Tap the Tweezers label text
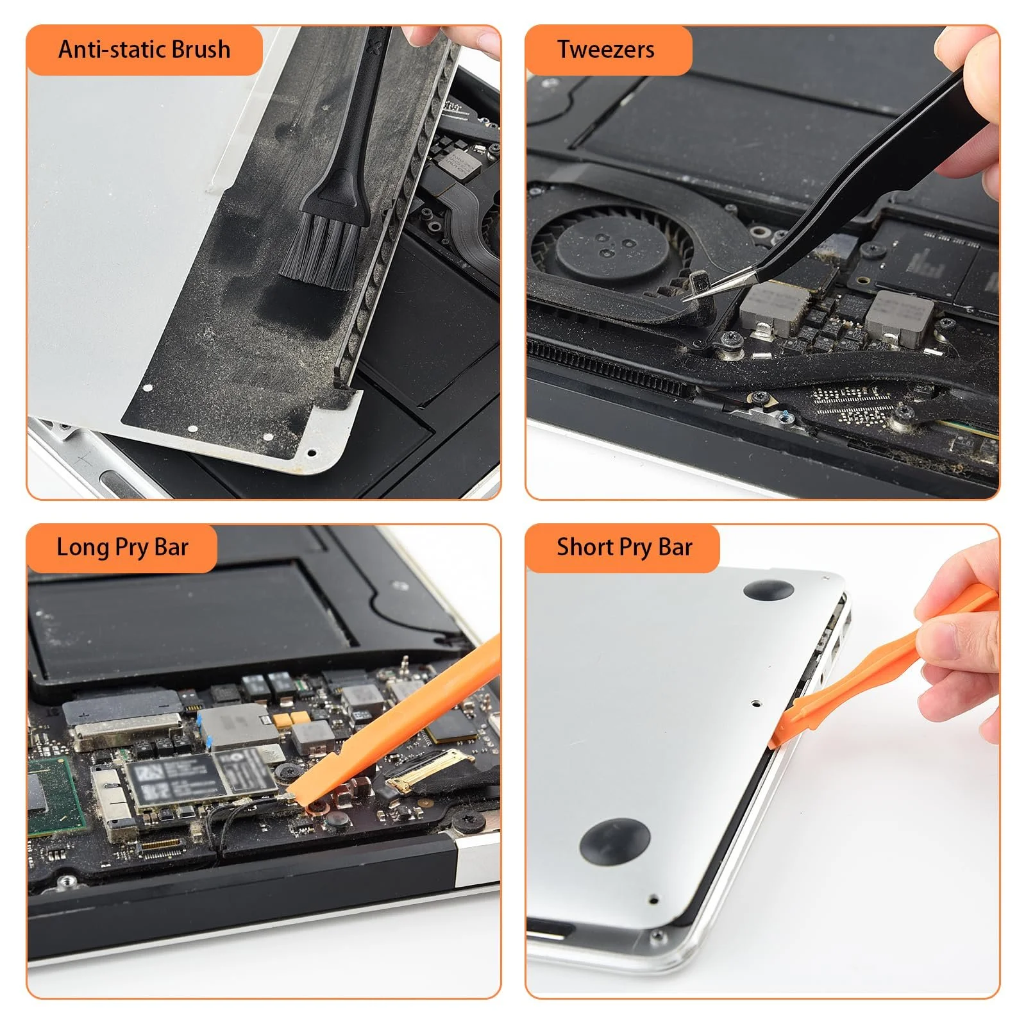[x=605, y=49]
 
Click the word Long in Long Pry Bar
[x=82, y=548]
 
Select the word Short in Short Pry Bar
[x=584, y=548]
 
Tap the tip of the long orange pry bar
[x=292, y=795]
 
